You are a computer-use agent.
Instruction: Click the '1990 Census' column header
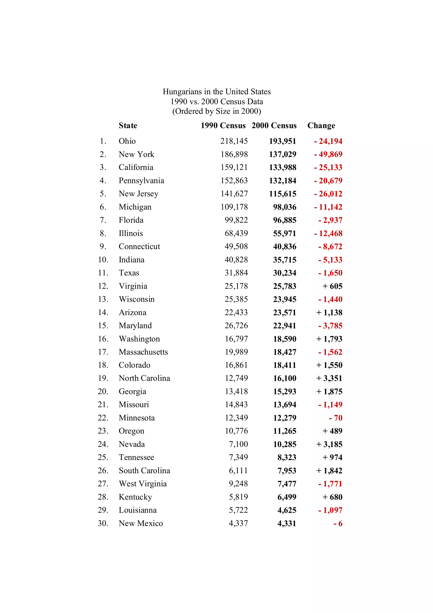223,125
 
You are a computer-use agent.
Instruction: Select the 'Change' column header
321,125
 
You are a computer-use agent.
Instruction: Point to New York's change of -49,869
328,154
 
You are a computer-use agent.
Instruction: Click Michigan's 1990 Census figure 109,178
234,207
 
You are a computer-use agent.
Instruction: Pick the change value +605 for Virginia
332,286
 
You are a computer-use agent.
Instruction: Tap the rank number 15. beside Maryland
103,326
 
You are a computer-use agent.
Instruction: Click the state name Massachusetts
143,352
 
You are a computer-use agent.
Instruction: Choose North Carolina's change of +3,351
329,378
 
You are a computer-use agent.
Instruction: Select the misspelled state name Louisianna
138,510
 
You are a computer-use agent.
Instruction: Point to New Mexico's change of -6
338,524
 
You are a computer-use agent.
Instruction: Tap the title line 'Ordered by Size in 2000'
217,111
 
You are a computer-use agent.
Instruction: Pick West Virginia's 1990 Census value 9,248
238,484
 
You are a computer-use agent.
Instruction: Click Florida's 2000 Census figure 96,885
285,220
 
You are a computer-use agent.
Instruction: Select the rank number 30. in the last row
103,523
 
